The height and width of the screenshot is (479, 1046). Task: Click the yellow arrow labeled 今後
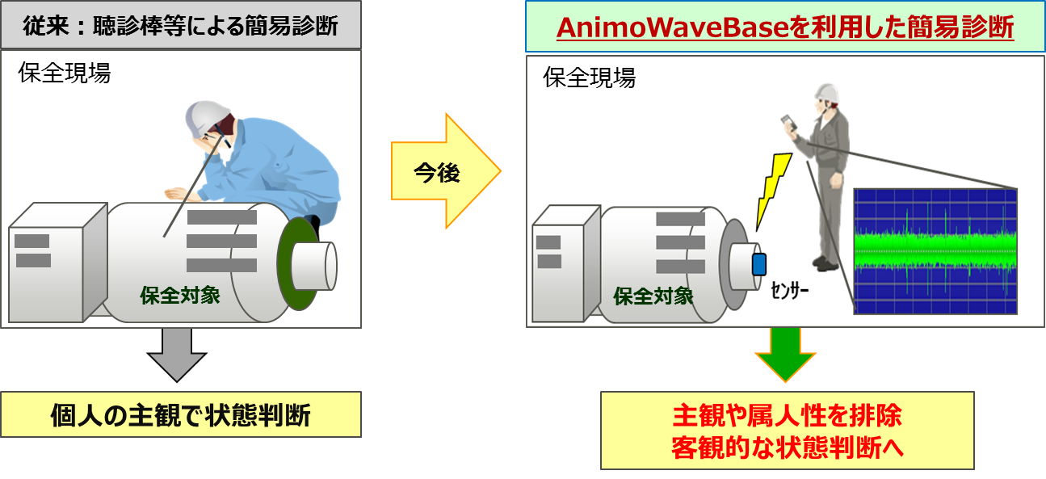click(440, 172)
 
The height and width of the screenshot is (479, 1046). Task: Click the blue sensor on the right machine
click(758, 264)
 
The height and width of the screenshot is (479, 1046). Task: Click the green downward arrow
click(784, 354)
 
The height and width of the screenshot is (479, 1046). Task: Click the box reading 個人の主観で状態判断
click(180, 416)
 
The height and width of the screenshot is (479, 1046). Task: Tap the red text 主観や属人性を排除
click(787, 416)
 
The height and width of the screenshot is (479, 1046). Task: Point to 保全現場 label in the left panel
click(65, 74)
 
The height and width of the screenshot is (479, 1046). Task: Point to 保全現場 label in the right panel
click(590, 78)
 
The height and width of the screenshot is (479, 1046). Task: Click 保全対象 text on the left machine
click(180, 294)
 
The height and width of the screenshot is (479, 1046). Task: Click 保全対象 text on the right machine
click(653, 296)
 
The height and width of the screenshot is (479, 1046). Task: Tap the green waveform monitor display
click(935, 250)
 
